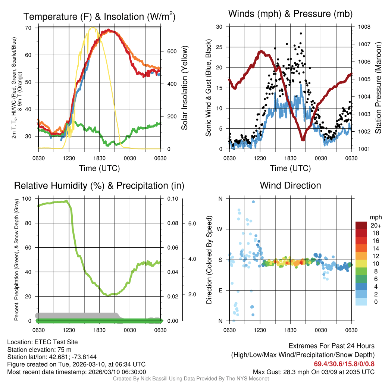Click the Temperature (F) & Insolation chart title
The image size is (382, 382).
pos(99,16)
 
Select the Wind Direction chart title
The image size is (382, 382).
pos(290,185)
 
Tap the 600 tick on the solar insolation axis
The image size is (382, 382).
pos(172,51)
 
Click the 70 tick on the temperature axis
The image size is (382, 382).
pos(28,28)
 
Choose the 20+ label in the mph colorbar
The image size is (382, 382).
pos(376,225)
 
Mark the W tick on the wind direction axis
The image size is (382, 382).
pos(220,229)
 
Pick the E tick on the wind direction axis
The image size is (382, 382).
pos(220,290)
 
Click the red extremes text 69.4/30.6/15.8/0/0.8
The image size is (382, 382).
pos(344,364)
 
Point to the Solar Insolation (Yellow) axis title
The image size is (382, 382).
pos(184,88)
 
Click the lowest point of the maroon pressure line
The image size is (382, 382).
pos(303,139)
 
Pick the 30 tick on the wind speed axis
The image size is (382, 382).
pos(220,27)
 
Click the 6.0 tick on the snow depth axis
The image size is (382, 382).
pos(192,223)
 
